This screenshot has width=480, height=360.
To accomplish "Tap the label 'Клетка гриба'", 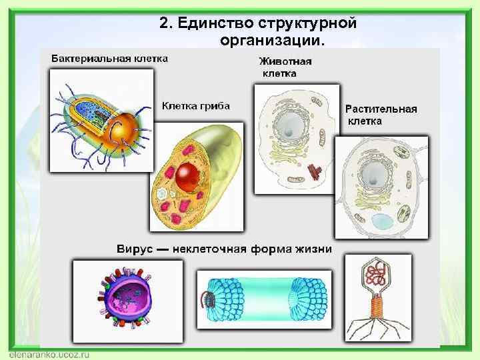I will (196, 105).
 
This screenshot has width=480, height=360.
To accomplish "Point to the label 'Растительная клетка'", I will (381, 115).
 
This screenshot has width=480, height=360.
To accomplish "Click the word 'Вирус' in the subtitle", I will (134, 249).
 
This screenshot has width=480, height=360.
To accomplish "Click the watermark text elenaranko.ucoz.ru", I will (50, 354).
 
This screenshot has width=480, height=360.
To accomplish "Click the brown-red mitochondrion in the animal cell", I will (313, 173).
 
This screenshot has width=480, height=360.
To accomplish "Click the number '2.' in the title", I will (167, 23).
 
